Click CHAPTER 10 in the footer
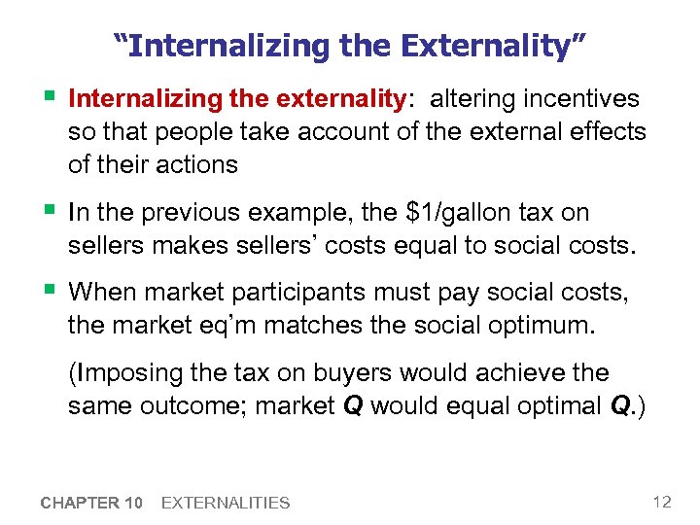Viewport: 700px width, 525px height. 92,503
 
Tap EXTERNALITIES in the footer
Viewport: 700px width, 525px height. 226,503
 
